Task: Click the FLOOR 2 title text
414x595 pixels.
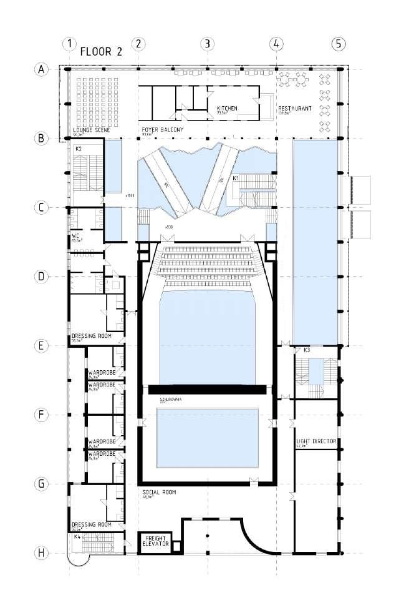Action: tap(101, 52)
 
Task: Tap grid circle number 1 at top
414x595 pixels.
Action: tap(70, 44)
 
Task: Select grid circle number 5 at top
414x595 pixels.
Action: tap(337, 44)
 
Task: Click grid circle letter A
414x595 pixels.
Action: tap(41, 69)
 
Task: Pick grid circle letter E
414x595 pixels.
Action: tap(41, 346)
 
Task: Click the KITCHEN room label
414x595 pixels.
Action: tap(227, 109)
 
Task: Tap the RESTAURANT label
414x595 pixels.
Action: tap(295, 109)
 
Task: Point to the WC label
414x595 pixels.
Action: tap(75, 235)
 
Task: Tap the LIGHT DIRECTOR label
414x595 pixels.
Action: tap(316, 441)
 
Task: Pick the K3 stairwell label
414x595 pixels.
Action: tap(307, 351)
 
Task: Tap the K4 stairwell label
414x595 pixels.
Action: tap(77, 536)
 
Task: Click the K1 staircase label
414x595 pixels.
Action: tap(236, 179)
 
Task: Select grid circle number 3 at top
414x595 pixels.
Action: tap(207, 44)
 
